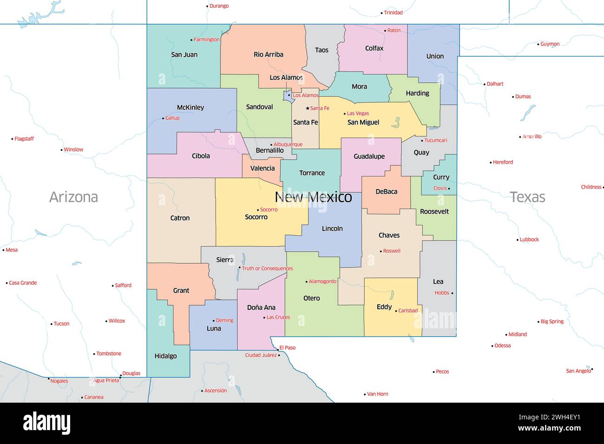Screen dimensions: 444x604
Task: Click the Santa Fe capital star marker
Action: (x=308, y=108)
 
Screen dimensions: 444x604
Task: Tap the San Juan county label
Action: (x=184, y=54)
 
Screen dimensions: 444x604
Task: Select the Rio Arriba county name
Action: (x=268, y=54)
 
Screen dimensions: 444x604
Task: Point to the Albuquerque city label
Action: (x=288, y=144)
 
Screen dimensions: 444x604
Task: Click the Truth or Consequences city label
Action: (x=267, y=268)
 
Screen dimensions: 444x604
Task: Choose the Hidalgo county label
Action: (x=165, y=356)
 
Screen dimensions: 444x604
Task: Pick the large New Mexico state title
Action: (x=313, y=197)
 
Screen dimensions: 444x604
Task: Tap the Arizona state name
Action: (x=73, y=197)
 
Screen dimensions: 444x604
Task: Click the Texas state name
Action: (x=527, y=197)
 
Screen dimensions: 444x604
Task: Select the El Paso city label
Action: (x=287, y=348)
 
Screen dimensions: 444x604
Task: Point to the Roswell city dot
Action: (x=381, y=251)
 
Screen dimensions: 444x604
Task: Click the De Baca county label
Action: (x=386, y=191)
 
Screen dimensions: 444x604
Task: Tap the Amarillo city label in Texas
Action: (x=532, y=137)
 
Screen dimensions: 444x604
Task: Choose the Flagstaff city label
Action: (x=24, y=139)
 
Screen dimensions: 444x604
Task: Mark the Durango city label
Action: (x=219, y=6)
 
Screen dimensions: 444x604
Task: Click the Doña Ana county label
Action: (x=261, y=307)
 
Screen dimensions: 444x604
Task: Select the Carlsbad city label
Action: (x=408, y=311)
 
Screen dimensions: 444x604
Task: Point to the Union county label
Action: (x=435, y=56)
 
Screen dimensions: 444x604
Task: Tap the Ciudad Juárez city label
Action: (x=261, y=355)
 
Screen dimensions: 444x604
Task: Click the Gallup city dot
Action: (x=163, y=118)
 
